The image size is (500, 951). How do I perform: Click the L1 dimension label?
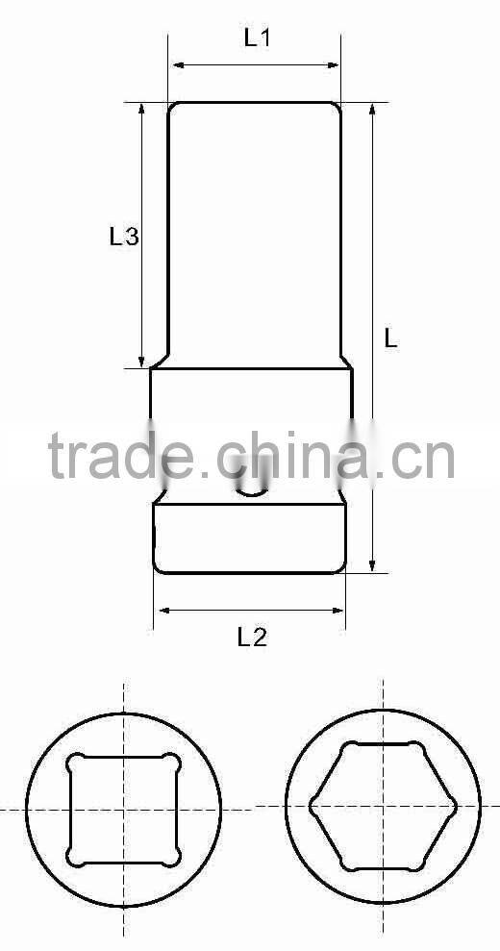tap(257, 39)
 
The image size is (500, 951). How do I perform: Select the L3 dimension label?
tap(124, 236)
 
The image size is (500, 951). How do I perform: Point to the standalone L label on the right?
tap(390, 338)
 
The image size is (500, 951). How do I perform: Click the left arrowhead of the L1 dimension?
tap(176, 65)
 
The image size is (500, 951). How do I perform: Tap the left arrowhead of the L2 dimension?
tap(162, 610)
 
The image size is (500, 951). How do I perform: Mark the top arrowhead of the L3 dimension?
tap(143, 109)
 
